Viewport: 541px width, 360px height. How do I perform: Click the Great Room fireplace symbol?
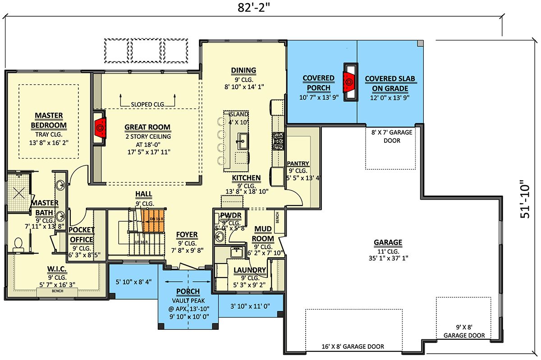[x=100, y=128]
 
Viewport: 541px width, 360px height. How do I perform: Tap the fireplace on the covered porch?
[x=349, y=82]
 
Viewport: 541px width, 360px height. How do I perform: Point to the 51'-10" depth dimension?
[x=525, y=200]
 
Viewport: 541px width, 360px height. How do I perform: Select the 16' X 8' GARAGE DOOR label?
[x=353, y=346]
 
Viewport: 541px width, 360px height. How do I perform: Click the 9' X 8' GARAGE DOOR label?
[x=463, y=332]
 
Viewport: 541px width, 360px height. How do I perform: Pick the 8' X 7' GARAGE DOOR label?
[x=390, y=137]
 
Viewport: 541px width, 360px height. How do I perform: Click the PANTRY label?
[x=298, y=163]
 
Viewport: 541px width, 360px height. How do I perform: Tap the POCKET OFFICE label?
[x=82, y=235]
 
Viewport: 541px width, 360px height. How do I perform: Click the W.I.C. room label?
[x=57, y=269]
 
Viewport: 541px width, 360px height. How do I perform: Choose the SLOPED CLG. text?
[x=147, y=104]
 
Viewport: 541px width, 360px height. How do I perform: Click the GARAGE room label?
[x=387, y=242]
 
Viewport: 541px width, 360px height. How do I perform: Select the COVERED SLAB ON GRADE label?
[x=390, y=83]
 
